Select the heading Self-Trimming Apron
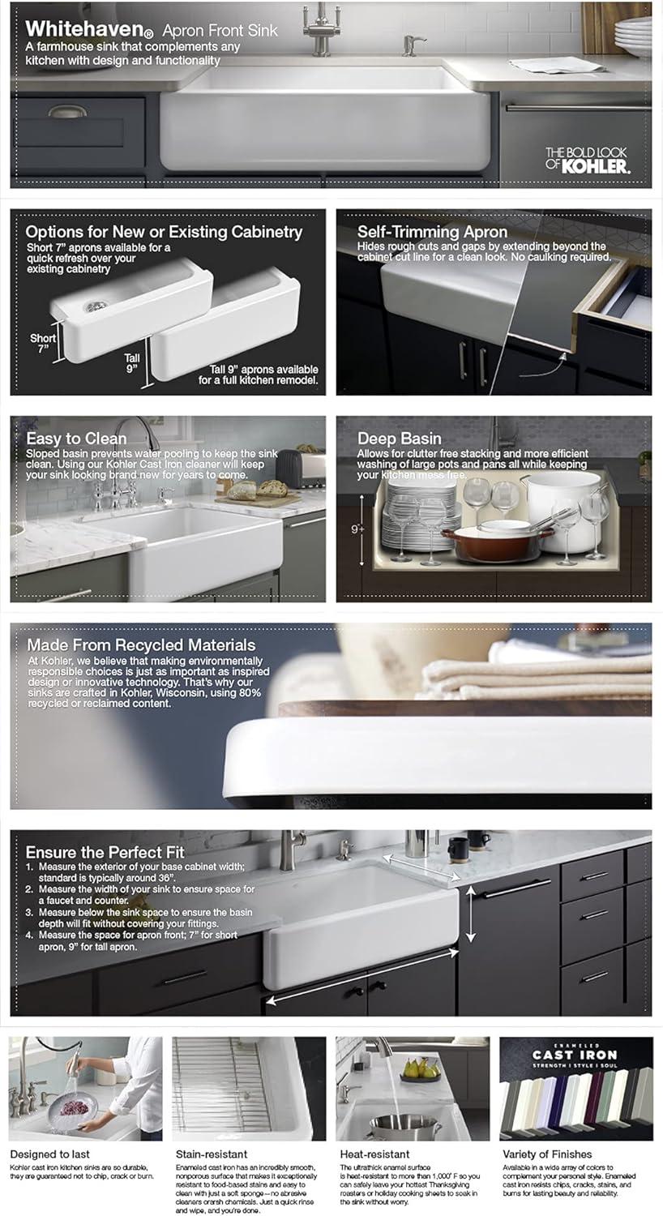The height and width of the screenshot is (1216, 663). tap(432, 232)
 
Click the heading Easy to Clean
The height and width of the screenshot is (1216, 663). tap(76, 440)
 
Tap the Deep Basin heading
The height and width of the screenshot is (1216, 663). tap(400, 439)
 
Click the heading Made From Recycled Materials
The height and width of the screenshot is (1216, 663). tap(141, 645)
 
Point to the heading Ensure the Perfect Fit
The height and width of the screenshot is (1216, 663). tap(105, 852)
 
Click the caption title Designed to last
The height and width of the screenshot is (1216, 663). tap(49, 1154)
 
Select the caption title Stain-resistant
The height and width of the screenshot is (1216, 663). tap(212, 1154)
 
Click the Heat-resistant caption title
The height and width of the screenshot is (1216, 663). tap(374, 1154)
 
